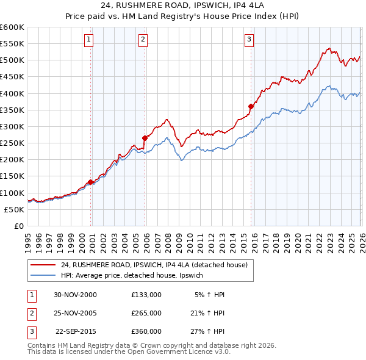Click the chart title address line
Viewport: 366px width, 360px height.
tap(183, 5)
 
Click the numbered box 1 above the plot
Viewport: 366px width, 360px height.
tap(88, 40)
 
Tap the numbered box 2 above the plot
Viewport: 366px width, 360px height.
tap(143, 40)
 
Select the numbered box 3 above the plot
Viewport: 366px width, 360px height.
tap(249, 40)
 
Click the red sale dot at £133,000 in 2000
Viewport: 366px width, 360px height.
tap(91, 182)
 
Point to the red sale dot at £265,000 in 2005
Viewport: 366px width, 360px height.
tap(145, 138)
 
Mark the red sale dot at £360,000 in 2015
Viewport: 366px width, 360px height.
tap(251, 106)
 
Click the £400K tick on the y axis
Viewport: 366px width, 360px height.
tap(13, 93)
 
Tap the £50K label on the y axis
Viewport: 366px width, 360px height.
tap(15, 209)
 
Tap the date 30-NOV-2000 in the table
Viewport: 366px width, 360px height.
tap(75, 295)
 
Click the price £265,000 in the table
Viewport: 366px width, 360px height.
tap(146, 313)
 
